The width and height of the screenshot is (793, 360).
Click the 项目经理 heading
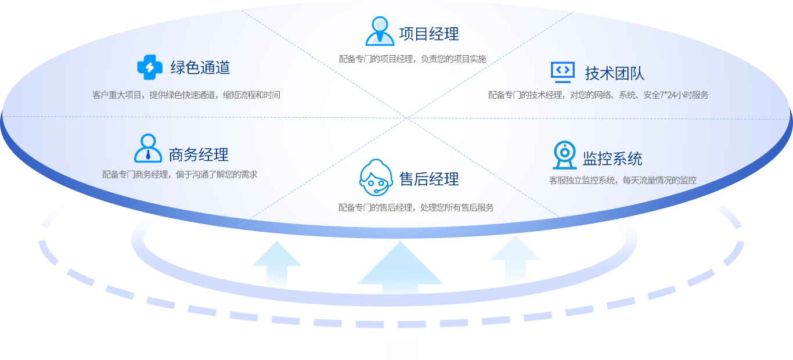(429, 34)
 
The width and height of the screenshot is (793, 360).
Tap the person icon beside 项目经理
(380, 31)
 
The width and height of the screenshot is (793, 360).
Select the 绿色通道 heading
(200, 68)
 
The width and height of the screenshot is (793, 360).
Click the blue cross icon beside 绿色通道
(150, 67)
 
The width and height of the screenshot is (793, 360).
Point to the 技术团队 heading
(614, 74)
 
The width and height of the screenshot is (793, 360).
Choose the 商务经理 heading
(199, 155)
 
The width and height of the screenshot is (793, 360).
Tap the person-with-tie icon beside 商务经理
(148, 149)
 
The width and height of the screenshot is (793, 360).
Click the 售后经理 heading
(429, 179)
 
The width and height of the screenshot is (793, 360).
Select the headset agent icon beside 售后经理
(376, 177)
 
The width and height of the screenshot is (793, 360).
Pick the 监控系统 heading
(612, 159)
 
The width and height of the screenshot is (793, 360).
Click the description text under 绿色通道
(186, 95)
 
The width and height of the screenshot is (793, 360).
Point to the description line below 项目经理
(412, 59)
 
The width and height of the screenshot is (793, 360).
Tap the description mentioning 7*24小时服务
(598, 95)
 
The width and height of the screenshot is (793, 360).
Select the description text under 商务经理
(179, 174)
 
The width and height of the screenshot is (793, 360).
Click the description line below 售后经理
(416, 207)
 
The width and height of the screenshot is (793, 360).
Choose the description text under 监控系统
(622, 180)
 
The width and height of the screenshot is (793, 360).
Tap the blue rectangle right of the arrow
(515, 269)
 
